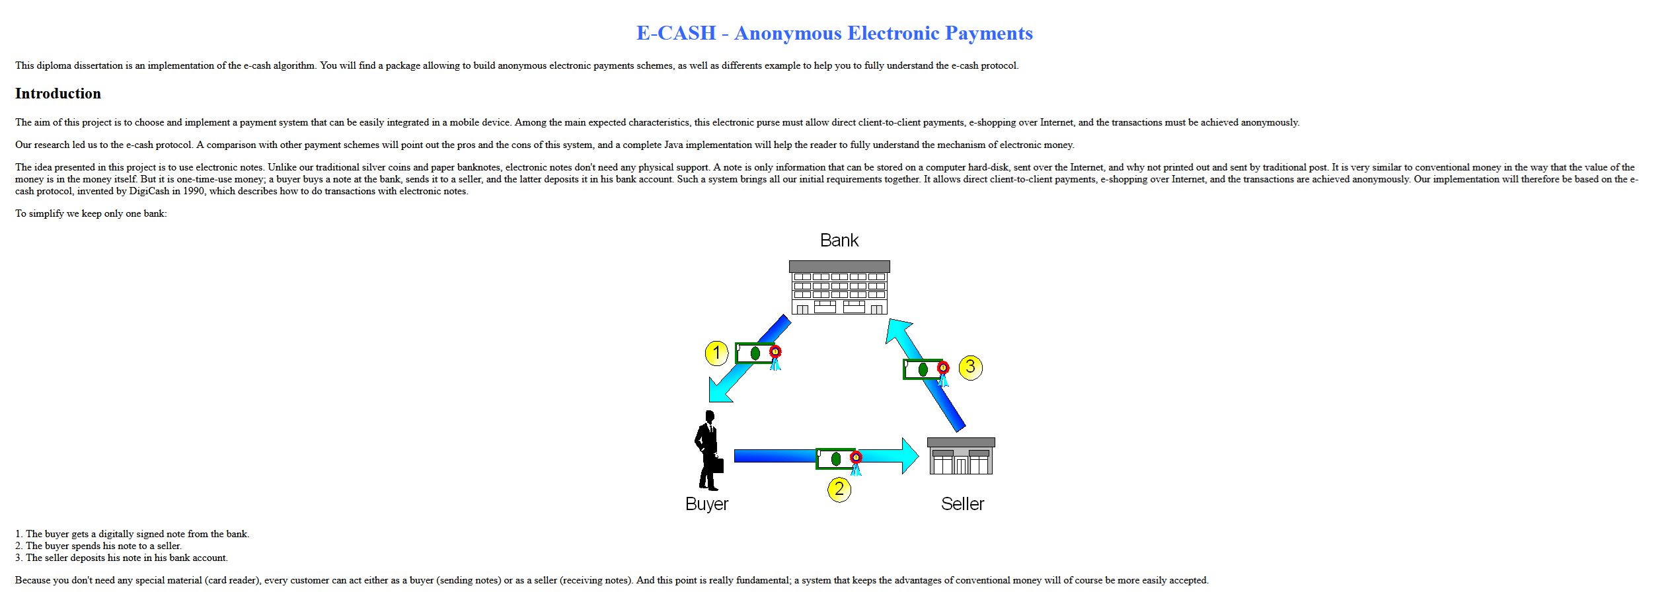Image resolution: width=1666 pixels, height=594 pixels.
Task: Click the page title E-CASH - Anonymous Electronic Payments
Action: pos(834,33)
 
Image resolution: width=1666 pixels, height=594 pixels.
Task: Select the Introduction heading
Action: pos(58,94)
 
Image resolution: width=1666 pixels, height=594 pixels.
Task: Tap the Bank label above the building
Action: pos(839,241)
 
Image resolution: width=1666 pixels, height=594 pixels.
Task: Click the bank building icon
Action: pos(839,287)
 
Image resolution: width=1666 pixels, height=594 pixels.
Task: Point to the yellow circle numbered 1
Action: pos(716,353)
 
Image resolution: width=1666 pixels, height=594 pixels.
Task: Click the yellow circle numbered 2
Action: pos(839,490)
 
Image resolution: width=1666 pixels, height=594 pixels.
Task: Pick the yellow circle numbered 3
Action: pos(970,367)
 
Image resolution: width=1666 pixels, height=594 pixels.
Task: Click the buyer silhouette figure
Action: pos(707,449)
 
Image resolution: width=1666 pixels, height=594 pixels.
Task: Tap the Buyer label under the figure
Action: pos(706,504)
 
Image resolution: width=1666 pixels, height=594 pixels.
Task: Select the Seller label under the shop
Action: pos(962,504)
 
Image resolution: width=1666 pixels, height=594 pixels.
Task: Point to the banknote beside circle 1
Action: pos(755,353)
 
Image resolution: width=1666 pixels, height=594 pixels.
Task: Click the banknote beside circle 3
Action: pos(923,369)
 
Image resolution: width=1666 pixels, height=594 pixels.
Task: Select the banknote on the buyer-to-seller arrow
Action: pos(835,459)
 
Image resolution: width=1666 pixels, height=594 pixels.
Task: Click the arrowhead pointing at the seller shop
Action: pos(909,456)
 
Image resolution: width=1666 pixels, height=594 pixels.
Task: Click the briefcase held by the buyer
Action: pos(716,466)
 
